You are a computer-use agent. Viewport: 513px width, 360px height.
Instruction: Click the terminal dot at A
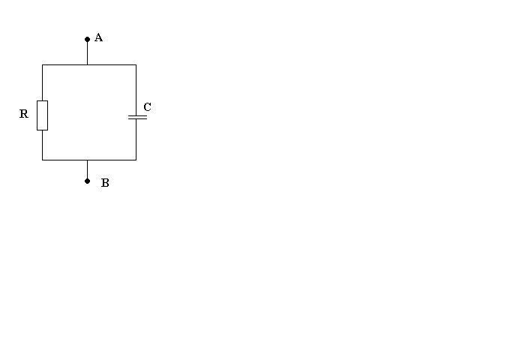point(87,38)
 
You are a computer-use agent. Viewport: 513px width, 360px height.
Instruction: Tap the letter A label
point(98,37)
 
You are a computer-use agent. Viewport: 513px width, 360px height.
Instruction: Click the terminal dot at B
point(87,181)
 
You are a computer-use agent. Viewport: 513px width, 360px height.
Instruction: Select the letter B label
point(105,183)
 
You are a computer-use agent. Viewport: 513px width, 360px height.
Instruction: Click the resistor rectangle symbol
point(42,115)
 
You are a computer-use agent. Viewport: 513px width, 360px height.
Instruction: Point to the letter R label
point(24,114)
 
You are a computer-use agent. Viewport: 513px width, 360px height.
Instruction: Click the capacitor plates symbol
point(136,117)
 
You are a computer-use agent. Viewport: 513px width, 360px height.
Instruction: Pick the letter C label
point(147,107)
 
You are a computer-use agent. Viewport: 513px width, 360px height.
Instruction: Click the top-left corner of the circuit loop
point(42,64)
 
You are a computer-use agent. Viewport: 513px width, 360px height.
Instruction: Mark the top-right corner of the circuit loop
point(136,64)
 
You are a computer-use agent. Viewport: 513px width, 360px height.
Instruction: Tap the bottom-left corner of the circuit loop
point(42,160)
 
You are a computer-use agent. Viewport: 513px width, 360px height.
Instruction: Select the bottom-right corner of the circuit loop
point(136,160)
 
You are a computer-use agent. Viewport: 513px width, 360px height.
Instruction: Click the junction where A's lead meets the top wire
point(87,64)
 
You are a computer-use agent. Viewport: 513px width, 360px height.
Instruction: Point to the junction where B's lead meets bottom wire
point(87,160)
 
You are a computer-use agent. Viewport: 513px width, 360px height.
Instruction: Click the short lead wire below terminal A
point(87,52)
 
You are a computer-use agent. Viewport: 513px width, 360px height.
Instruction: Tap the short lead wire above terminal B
point(87,170)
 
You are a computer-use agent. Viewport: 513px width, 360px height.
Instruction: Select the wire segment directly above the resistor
point(42,82)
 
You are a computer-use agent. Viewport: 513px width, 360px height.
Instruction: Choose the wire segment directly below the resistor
point(42,145)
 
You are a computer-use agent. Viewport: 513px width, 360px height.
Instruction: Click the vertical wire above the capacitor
point(136,90)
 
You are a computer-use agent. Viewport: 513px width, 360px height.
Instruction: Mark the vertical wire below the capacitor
point(136,139)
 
